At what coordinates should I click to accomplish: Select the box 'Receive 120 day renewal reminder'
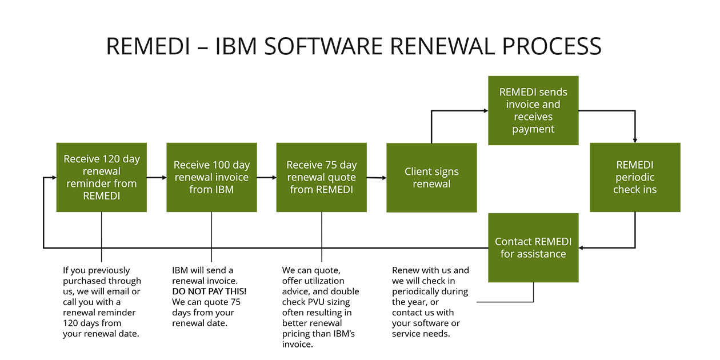tap(102, 178)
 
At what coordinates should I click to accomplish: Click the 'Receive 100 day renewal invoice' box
tap(211, 178)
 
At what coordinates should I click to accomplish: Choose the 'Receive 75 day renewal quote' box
tap(321, 178)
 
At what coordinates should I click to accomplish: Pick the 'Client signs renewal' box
tap(431, 178)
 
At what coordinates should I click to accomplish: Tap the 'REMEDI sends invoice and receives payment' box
tap(533, 110)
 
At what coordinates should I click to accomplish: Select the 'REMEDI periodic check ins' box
tap(635, 178)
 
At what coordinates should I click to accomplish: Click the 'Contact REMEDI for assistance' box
tap(533, 248)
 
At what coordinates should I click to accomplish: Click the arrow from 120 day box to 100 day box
tap(157, 178)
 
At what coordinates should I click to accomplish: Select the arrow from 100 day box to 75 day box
tap(267, 178)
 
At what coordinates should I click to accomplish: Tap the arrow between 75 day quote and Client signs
tap(377, 178)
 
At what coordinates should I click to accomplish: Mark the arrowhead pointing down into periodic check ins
tap(635, 139)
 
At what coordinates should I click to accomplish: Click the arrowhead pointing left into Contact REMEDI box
tap(582, 248)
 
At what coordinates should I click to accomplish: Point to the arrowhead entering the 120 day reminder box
tap(53, 178)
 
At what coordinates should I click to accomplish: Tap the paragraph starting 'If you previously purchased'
tap(102, 302)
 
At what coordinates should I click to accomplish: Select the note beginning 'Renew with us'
tap(430, 302)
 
